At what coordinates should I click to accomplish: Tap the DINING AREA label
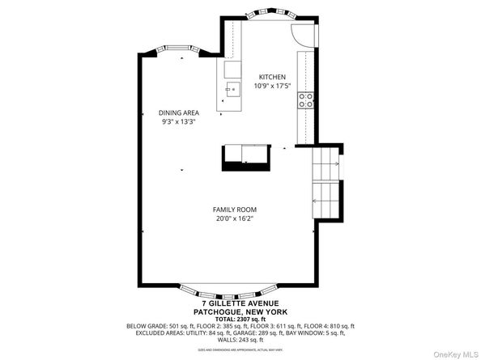tap(178, 112)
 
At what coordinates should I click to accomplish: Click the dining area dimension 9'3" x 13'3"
tap(178, 122)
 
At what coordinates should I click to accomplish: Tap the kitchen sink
tap(232, 88)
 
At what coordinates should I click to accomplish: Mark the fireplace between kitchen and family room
tap(245, 155)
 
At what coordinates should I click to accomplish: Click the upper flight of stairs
tap(326, 165)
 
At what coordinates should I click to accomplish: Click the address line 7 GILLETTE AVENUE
tap(240, 303)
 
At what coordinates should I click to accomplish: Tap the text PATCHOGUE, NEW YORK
tap(240, 311)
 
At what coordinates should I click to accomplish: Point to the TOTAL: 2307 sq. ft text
tap(240, 319)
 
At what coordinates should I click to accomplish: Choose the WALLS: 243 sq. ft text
tap(240, 340)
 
